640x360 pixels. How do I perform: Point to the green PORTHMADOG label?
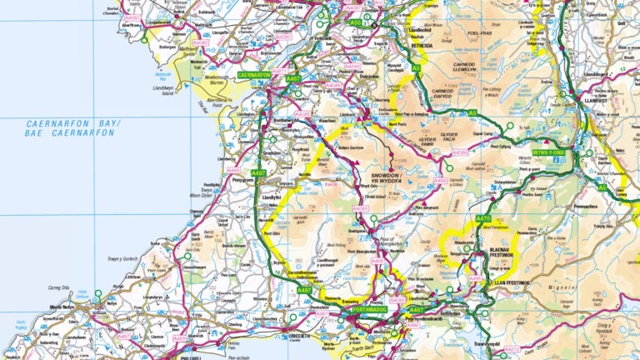364,313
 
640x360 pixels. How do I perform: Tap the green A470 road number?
483,218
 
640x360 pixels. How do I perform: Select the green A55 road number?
357,22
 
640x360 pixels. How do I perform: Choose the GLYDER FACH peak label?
442,137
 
